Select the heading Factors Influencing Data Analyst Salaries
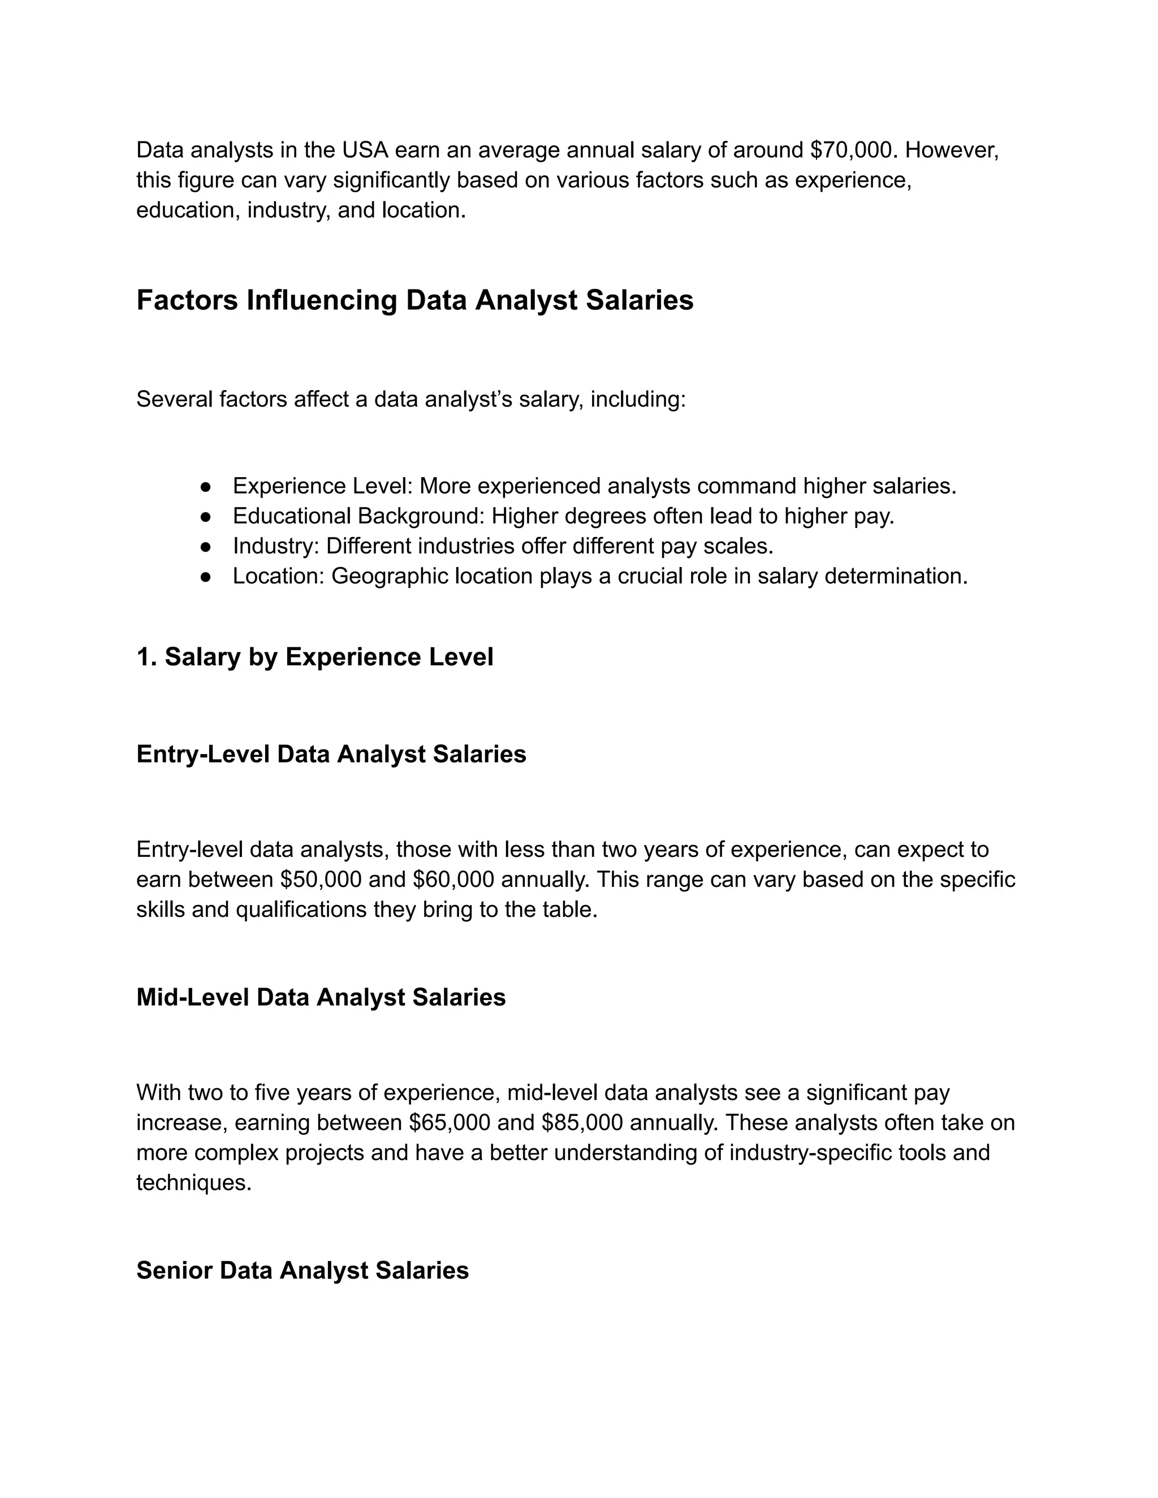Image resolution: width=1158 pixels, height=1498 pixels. point(414,300)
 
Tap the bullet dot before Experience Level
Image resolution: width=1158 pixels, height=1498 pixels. point(205,486)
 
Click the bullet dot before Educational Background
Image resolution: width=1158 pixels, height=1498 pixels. point(205,517)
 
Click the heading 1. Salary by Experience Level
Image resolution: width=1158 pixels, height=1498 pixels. point(314,657)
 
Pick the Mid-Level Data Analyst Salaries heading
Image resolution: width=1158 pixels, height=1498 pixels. point(321,997)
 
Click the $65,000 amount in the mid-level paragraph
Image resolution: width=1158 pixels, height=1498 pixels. point(450,1123)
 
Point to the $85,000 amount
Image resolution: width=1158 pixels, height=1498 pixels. point(582,1123)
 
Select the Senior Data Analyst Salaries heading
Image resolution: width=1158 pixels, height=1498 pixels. point(302,1270)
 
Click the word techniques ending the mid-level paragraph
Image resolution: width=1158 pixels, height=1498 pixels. point(193,1183)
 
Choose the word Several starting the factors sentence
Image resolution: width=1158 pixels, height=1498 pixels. point(174,399)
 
